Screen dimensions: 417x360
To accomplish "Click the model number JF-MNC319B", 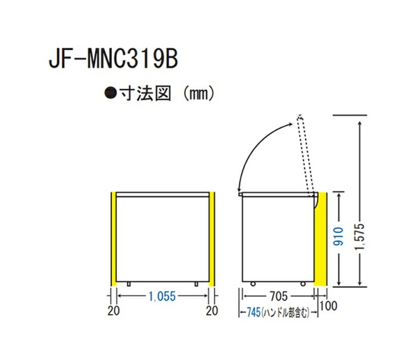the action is (x=113, y=59).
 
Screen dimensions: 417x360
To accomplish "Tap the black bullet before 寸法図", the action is (x=110, y=94).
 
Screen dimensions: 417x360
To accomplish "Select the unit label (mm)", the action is (x=198, y=94).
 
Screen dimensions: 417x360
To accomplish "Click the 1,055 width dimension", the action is (x=162, y=296).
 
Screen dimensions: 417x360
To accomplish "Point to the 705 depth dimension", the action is (x=278, y=296).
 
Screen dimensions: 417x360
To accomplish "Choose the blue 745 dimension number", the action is (x=253, y=312).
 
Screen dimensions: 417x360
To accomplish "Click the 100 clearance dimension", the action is (x=328, y=306).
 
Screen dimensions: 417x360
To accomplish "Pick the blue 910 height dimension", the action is (x=338, y=236).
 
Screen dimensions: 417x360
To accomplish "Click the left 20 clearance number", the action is (x=114, y=311).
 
